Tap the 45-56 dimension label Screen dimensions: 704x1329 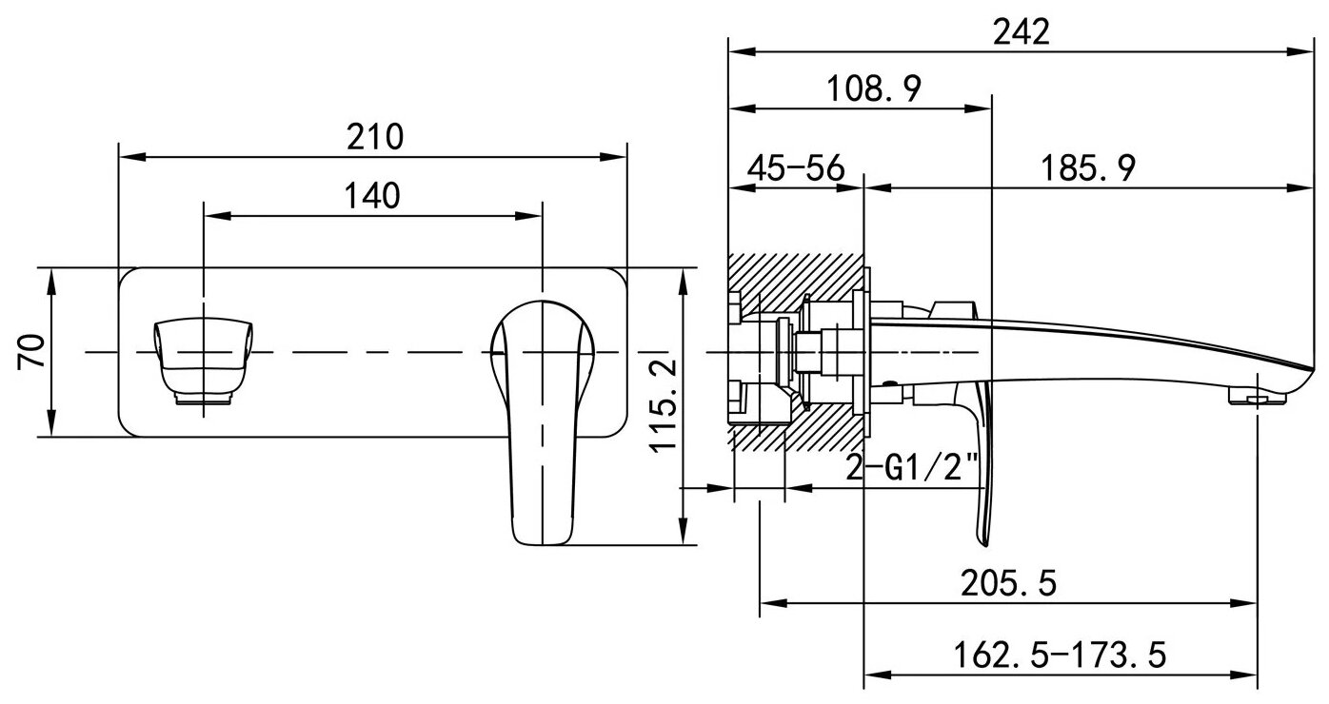(796, 168)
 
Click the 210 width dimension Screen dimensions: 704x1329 (374, 137)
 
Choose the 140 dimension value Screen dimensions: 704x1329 (372, 196)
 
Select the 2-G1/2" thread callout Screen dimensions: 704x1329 (912, 467)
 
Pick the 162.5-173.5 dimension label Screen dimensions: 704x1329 (1059, 655)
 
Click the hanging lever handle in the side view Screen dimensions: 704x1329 (982, 476)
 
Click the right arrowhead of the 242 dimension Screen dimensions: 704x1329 (1304, 51)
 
